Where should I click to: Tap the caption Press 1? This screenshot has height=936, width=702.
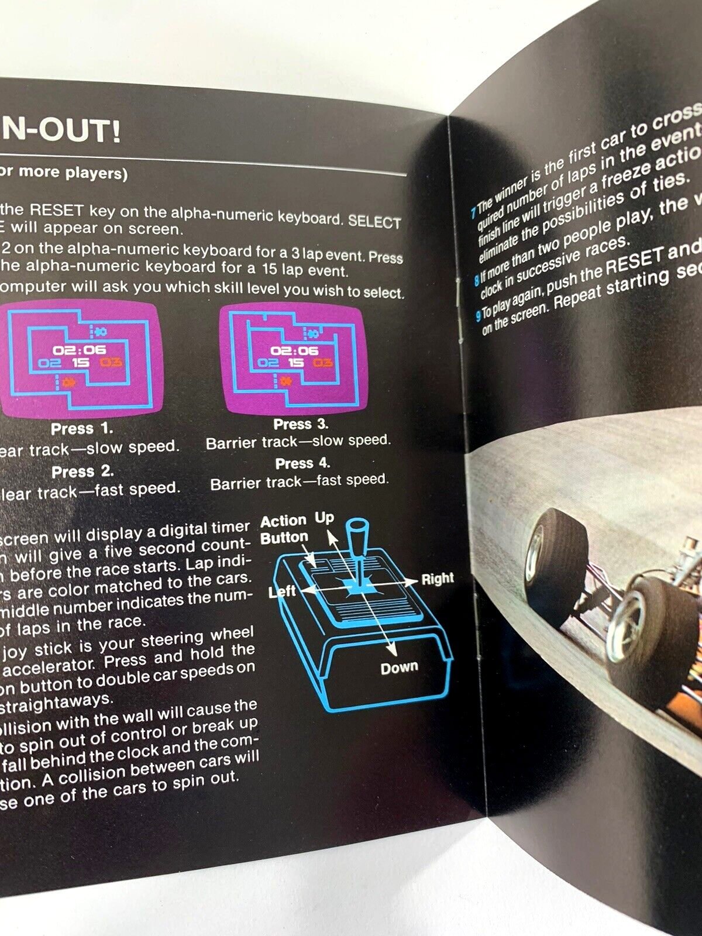pos(82,429)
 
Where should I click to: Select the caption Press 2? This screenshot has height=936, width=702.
pos(82,472)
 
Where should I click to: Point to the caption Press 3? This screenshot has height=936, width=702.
pos(301,424)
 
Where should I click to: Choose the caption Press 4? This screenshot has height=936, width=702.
pos(302,464)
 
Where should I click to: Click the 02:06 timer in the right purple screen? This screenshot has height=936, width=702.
pos(294,350)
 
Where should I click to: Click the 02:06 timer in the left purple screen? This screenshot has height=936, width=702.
pos(80,350)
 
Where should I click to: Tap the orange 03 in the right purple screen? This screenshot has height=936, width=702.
pos(323,363)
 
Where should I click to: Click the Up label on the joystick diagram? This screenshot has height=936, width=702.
pos(325,518)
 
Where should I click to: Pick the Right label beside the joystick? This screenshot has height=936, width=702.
pos(438,579)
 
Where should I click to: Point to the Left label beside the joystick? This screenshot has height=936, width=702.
pos(282,591)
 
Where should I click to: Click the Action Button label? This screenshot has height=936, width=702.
pos(284,529)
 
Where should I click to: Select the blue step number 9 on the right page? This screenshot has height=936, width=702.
pos(479,316)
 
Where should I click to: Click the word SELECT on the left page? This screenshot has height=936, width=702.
pos(374,222)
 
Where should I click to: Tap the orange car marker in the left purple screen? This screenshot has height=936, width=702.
pos(68,383)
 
